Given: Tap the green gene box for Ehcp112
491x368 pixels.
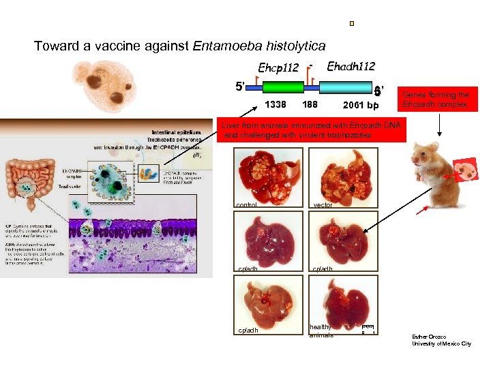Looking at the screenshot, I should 283,88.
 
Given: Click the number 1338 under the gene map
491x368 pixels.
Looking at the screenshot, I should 275,105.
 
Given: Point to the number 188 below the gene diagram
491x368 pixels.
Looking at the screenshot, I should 310,105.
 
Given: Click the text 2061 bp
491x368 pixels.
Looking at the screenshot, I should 361,106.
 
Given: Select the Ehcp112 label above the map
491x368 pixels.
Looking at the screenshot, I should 278,67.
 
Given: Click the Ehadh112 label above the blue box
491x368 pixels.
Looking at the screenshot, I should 351,66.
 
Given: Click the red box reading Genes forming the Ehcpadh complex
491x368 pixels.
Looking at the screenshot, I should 436,99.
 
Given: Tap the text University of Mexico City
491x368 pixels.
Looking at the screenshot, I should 441,344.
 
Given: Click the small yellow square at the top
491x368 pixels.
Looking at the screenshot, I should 351,24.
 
